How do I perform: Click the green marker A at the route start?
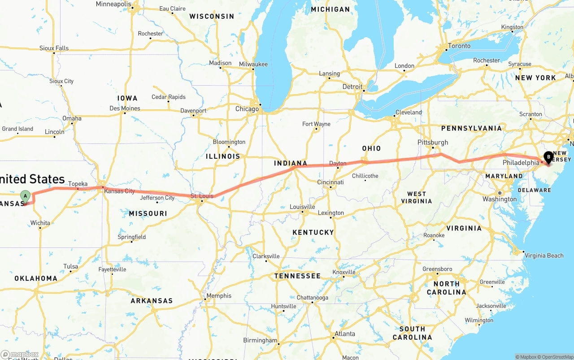[26, 195]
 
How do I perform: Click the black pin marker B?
[548, 157]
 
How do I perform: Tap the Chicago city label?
[247, 109]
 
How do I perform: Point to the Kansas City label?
[119, 191]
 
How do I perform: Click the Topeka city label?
[78, 184]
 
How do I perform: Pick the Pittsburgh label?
[433, 142]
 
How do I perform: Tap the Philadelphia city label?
[521, 162]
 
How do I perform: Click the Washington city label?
[500, 199]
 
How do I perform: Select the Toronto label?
[459, 46]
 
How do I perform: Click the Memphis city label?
[219, 296]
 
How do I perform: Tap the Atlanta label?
[345, 334]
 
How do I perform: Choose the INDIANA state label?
[291, 163]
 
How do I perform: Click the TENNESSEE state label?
[297, 276]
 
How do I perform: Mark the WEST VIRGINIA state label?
[417, 197]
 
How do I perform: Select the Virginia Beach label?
[544, 256]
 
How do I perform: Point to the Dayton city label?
[338, 163]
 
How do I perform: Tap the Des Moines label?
[125, 108]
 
